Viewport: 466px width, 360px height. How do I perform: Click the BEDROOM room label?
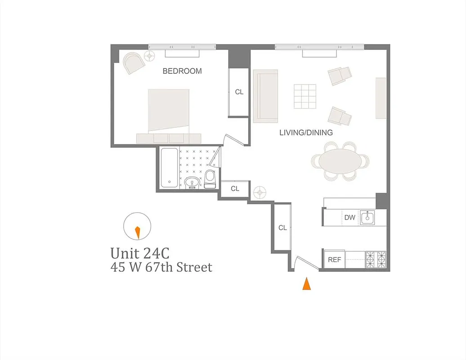[x=182, y=71]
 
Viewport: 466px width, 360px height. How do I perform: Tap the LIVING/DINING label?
[x=306, y=133]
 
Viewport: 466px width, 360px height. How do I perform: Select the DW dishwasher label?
[x=349, y=218]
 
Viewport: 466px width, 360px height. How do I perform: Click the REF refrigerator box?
[x=334, y=260]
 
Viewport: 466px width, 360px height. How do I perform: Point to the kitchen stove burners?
[x=376, y=259]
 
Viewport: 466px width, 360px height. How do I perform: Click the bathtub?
[x=169, y=167]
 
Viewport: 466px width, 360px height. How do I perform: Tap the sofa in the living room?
[x=266, y=96]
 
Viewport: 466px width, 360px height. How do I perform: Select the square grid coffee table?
[x=306, y=96]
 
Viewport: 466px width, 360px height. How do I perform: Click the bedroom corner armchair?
[x=134, y=63]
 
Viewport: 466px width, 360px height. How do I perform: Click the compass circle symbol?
[x=137, y=227]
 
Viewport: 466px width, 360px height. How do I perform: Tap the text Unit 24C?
[x=140, y=252]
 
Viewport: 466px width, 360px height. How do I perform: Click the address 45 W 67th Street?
[x=161, y=267]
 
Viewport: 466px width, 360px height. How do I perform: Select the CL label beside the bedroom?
[x=239, y=92]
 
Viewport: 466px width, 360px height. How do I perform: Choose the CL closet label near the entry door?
[x=282, y=228]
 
